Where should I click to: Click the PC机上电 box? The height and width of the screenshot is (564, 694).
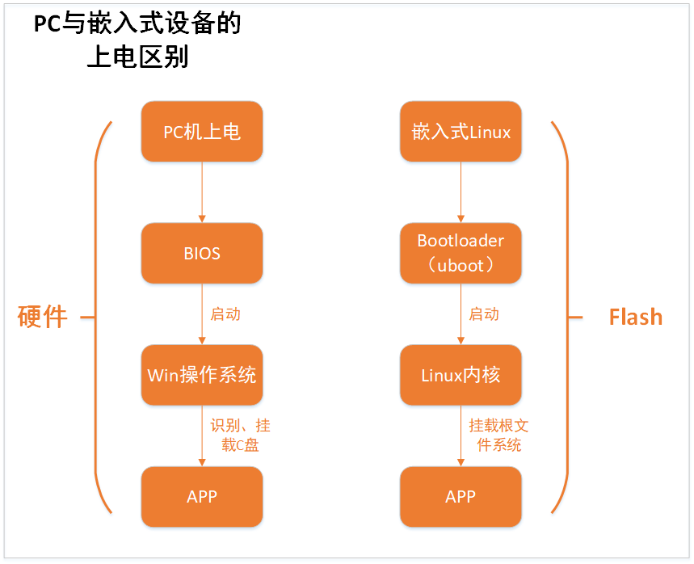[x=202, y=132]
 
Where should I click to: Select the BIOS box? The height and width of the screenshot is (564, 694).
[x=202, y=253]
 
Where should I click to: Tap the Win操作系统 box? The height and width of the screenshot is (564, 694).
[x=202, y=375]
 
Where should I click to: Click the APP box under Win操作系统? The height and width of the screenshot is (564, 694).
[x=202, y=497]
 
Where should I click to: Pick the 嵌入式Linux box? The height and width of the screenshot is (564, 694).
[x=461, y=132]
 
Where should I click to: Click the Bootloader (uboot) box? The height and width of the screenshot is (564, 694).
[x=461, y=253]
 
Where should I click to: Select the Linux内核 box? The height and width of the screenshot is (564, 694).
[x=461, y=375]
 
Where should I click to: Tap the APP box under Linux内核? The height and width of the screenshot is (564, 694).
[x=461, y=497]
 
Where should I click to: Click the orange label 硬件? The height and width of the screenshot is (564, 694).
[x=43, y=317]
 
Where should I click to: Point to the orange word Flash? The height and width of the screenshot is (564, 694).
[x=636, y=317]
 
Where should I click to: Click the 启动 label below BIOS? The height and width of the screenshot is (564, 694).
[x=225, y=314]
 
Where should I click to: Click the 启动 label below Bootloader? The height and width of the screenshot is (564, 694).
[x=484, y=314]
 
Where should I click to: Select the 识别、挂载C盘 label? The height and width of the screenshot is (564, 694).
[x=240, y=436]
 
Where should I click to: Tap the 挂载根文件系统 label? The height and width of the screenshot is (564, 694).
[x=498, y=436]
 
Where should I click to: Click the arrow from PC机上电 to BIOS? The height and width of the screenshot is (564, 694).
[x=202, y=192]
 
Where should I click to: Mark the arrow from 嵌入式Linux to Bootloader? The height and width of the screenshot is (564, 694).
[x=461, y=192]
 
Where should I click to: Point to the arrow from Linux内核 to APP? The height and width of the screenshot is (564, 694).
[x=461, y=436]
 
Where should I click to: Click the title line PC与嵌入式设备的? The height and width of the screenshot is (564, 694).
[x=137, y=23]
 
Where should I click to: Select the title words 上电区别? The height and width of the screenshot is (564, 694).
[x=137, y=57]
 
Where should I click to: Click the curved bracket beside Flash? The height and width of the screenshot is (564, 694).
[x=568, y=317]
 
